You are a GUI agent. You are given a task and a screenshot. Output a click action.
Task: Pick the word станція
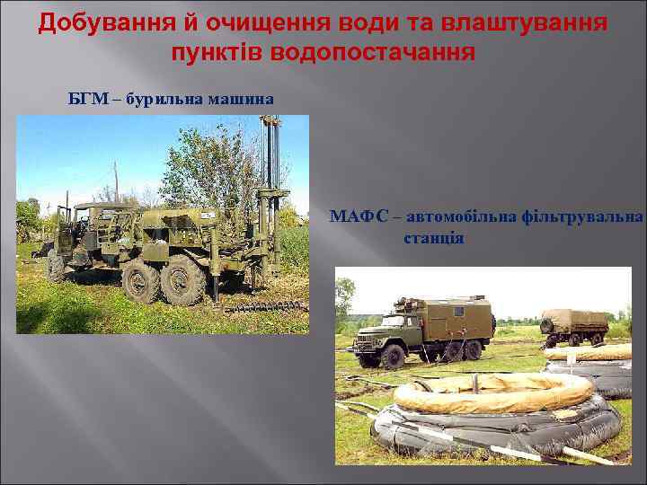tap(433, 238)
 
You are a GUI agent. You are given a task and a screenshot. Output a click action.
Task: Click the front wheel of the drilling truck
tap(55, 266)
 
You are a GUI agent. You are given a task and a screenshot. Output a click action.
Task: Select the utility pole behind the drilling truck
tap(116, 184)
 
